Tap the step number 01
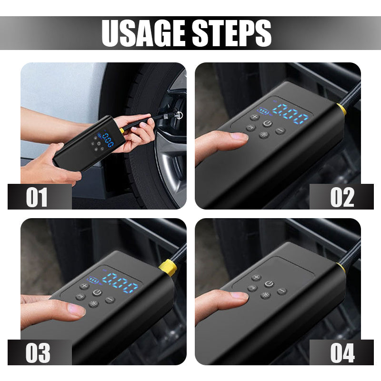(37, 197)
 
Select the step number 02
(342, 197)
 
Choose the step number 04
(342, 353)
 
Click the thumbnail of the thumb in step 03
(77, 310)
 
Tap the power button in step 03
(97, 292)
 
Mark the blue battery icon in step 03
(91, 280)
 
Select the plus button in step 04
(256, 277)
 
